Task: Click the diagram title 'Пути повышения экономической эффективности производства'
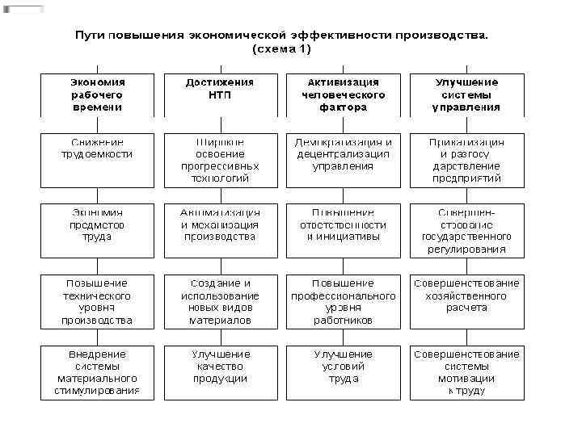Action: coord(281,36)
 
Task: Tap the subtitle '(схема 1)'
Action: coord(281,49)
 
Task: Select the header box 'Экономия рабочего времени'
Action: coord(96,94)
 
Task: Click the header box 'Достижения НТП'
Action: coord(220,94)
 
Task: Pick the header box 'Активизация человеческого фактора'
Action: coord(343,94)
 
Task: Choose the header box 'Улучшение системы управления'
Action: coord(466,94)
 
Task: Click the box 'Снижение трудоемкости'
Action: coord(96,160)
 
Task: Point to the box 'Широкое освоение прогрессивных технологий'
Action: coord(220,160)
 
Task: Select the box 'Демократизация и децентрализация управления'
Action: coord(343,160)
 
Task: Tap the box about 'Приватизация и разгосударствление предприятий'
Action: coord(466,160)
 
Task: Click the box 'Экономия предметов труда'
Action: coord(96,230)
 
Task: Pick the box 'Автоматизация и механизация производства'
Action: coord(220,230)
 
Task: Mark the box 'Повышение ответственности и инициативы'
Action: coord(343,230)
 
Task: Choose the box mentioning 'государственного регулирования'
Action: coord(466,230)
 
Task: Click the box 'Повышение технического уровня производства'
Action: coord(96,301)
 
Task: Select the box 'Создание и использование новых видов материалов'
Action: coord(220,301)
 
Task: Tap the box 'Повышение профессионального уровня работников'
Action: coord(343,301)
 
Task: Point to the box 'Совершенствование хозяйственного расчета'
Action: coord(466,301)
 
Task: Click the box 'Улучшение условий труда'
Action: coord(343,371)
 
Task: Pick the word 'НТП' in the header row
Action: coord(220,94)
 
